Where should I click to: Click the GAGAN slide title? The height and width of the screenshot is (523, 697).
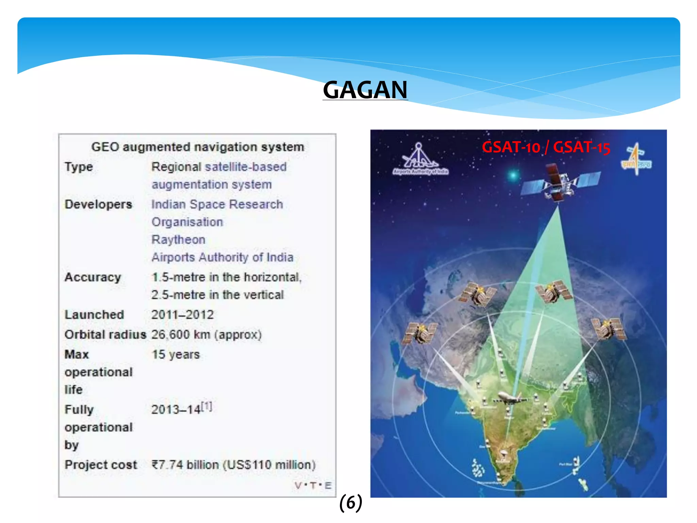[x=365, y=90]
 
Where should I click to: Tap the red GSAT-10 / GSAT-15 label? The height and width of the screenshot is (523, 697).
[x=546, y=147]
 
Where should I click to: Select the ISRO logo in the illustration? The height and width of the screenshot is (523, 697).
[x=636, y=159]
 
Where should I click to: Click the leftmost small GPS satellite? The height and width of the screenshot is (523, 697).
[x=420, y=333]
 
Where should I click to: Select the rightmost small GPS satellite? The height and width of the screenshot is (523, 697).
[x=609, y=329]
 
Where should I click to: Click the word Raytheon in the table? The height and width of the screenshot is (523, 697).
[x=178, y=240]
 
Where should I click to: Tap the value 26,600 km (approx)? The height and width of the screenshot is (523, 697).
[x=206, y=335]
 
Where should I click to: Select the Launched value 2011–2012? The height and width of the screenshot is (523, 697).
[x=182, y=315]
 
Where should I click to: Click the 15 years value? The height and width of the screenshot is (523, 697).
[x=176, y=354]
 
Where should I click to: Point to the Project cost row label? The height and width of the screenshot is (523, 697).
[x=101, y=465]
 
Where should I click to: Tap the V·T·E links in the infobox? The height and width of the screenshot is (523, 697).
[x=313, y=486]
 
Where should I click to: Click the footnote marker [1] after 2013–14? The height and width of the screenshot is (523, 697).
[x=207, y=406]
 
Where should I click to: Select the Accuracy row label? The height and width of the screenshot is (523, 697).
[x=93, y=277]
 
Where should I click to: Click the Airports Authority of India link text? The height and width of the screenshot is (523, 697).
[x=222, y=257]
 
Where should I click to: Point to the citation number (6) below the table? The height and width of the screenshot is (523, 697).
[x=351, y=503]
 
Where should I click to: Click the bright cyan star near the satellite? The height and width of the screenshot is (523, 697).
[x=513, y=175]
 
